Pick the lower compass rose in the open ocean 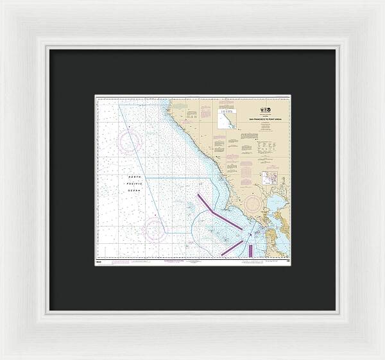click(x=155, y=228)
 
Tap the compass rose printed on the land click(x=254, y=205)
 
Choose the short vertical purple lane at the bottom click(x=250, y=250)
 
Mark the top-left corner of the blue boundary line click(x=119, y=104)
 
